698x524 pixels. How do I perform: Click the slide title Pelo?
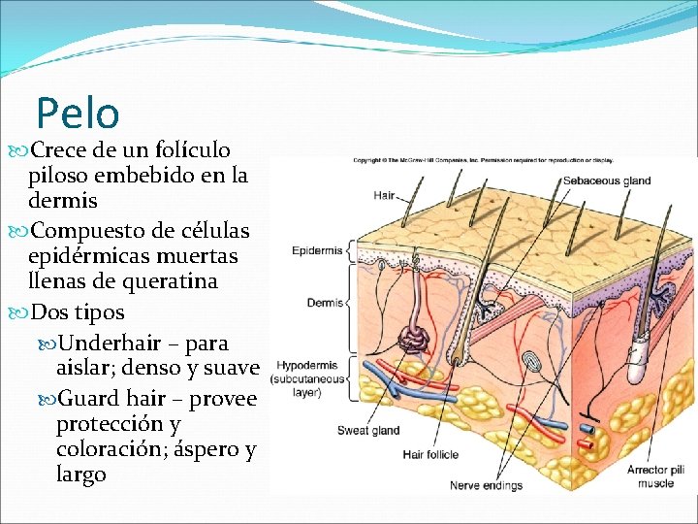[x=78, y=113]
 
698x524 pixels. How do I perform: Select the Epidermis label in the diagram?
[x=317, y=251]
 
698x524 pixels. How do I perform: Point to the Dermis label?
[x=325, y=303]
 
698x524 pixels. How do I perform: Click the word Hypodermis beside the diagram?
[x=307, y=366]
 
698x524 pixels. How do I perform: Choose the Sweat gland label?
[x=367, y=431]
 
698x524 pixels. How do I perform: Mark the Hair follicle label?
[x=430, y=454]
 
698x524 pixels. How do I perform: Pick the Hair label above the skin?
[x=384, y=195]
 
